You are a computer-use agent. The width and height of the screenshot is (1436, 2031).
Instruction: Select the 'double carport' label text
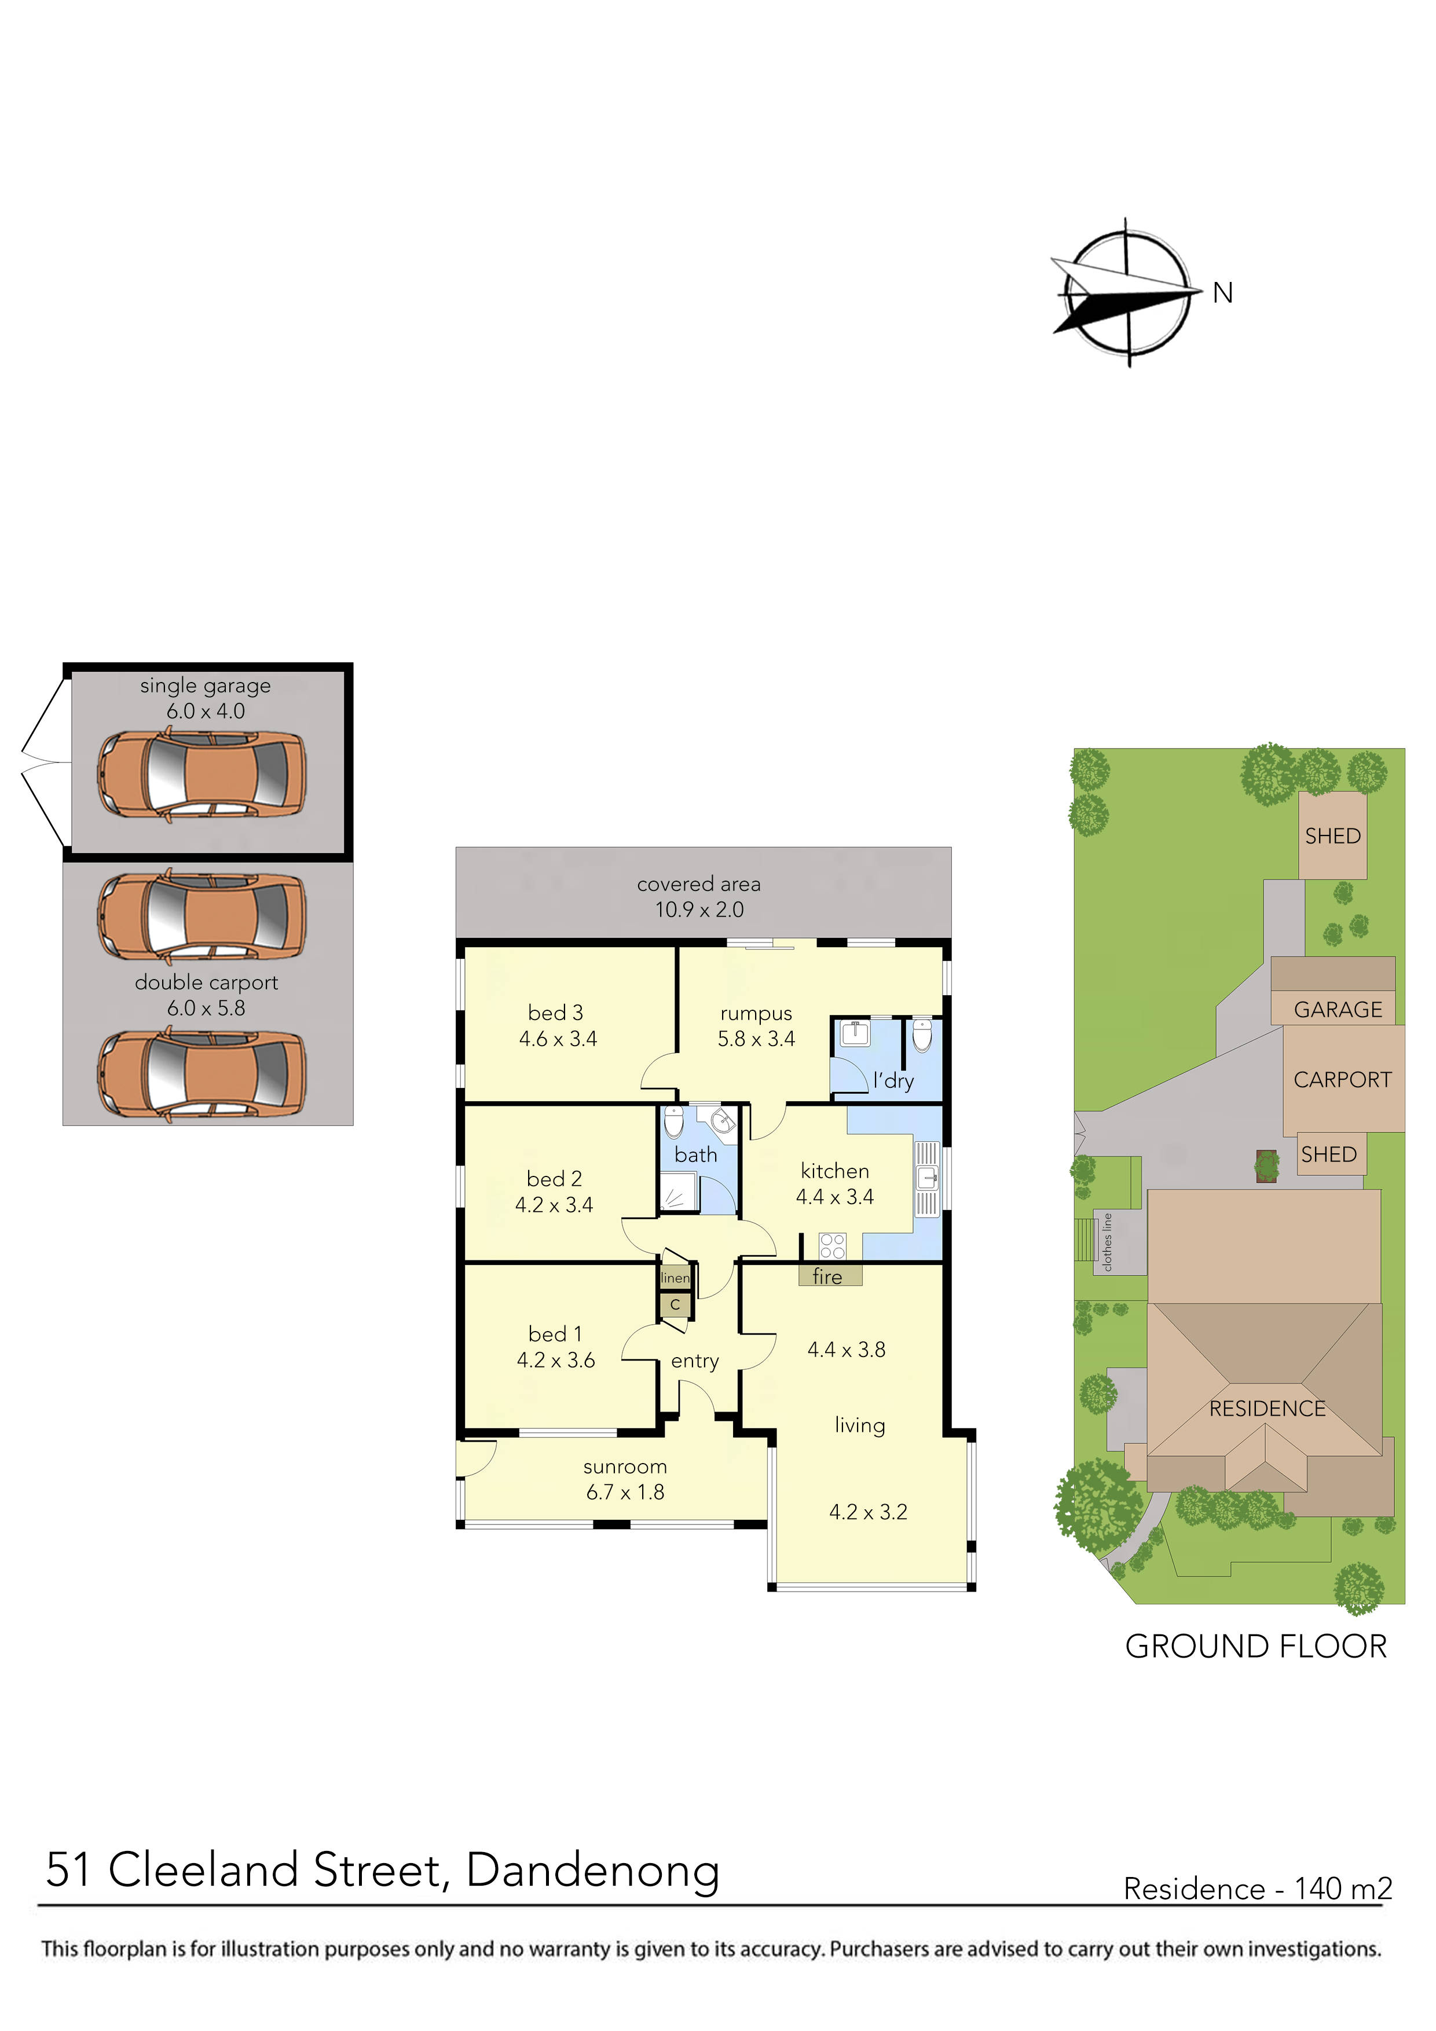click(206, 982)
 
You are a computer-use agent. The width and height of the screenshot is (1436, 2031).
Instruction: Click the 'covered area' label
click(698, 883)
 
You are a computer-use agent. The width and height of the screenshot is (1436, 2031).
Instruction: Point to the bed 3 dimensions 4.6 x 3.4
click(558, 1039)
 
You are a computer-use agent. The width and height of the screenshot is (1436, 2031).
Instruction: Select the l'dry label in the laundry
click(893, 1080)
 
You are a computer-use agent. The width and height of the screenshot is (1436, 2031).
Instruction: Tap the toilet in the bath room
click(673, 1121)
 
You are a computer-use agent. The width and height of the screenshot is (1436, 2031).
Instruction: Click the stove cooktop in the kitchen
click(831, 1245)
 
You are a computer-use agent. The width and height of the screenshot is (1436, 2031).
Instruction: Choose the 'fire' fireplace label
click(827, 1277)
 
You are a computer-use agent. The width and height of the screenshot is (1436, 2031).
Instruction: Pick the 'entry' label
click(695, 1361)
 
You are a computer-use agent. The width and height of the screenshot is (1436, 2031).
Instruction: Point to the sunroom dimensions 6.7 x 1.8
click(625, 1493)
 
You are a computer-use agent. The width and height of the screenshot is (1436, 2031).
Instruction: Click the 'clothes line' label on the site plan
click(1107, 1242)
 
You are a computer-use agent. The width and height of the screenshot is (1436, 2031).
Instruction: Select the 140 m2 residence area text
click(1343, 1890)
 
